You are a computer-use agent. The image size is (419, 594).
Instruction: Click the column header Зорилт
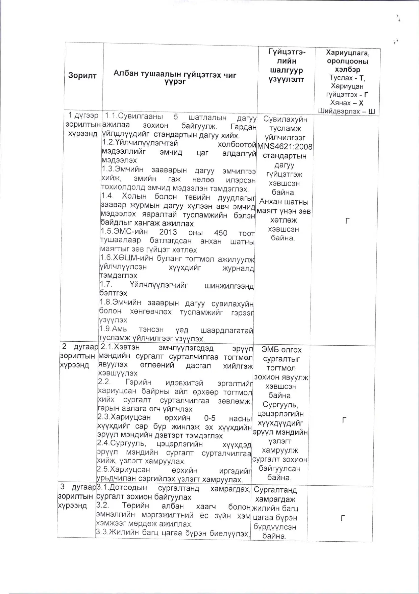(x=82, y=75)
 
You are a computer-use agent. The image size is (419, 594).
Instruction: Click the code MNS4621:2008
(x=285, y=147)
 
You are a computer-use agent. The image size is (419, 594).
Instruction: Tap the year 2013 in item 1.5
(x=168, y=232)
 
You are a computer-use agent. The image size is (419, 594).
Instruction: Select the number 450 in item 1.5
(x=221, y=233)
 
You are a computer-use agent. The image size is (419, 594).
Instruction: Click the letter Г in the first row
(x=347, y=222)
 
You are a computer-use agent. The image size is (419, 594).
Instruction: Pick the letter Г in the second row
(x=344, y=420)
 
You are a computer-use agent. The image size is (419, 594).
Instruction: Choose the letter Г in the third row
(x=343, y=518)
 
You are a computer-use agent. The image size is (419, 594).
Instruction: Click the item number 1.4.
(x=107, y=196)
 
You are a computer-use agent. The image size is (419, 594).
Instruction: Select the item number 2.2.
(x=104, y=382)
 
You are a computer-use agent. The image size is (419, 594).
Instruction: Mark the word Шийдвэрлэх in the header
(x=339, y=111)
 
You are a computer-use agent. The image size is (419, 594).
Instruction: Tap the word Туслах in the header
(x=341, y=78)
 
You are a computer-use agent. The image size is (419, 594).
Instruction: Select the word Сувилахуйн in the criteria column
(x=285, y=119)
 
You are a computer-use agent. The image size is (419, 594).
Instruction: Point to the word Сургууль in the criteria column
(x=280, y=405)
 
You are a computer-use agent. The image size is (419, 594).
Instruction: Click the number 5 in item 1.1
(x=176, y=117)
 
